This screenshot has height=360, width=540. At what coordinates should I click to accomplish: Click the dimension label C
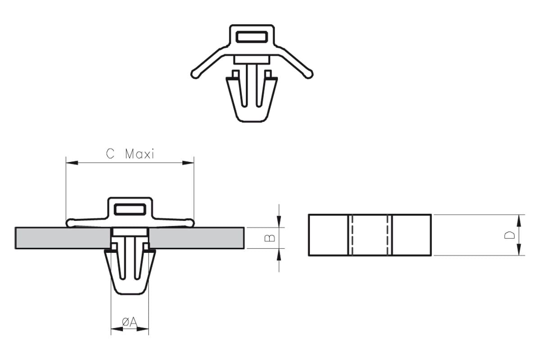point(110,153)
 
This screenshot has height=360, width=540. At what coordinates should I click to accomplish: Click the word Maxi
point(140,154)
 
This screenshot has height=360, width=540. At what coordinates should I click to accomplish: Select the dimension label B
point(270,238)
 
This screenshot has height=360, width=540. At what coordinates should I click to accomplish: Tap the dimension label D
point(510,235)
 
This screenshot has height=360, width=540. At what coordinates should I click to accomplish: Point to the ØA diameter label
point(130,322)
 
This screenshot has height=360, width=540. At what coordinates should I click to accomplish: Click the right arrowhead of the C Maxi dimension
point(188,162)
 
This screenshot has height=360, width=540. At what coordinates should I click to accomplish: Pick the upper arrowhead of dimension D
point(519,220)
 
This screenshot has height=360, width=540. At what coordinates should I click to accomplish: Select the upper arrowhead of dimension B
point(279,221)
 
